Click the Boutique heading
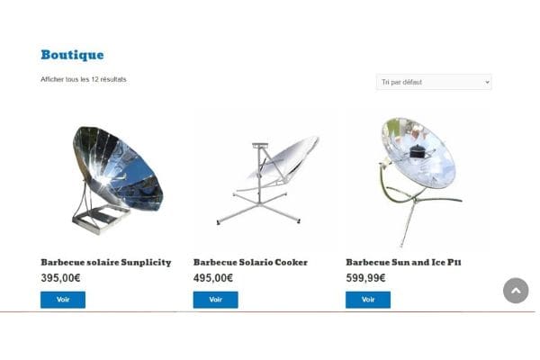pos(72,55)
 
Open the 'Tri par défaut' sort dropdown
pos(434,82)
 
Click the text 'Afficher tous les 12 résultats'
pos(84,79)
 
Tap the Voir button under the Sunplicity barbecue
pos(63,300)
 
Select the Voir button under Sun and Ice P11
pos(368,300)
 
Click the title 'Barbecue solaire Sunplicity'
pos(106,263)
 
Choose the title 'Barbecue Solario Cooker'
pos(250,263)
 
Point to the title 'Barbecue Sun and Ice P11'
pos(403,263)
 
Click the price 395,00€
pos(60,278)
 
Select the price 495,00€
pos(213,278)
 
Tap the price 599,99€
pos(365,278)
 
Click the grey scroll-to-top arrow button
pos(516,291)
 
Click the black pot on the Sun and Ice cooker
pos(418,150)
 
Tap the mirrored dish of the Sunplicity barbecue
pos(117,168)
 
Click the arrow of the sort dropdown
pos(487,82)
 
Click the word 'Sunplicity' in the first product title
pos(146,263)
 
